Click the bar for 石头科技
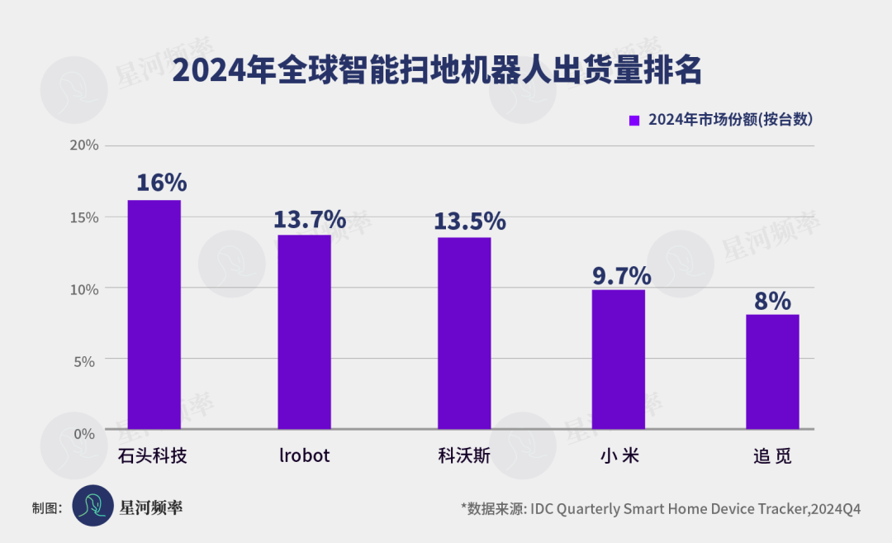click(x=154, y=315)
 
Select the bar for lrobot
click(x=304, y=332)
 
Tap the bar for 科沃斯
click(x=464, y=333)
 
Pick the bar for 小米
click(x=619, y=360)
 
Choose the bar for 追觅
click(x=772, y=372)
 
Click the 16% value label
click(x=162, y=183)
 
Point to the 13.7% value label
click(x=310, y=219)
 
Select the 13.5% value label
click(x=470, y=221)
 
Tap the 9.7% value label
click(x=621, y=275)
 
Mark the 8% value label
click(x=772, y=301)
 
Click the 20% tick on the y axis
click(x=84, y=145)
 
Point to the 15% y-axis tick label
click(x=84, y=217)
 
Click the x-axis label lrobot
click(x=304, y=455)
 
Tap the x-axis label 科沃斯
click(x=464, y=455)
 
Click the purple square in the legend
click(x=634, y=121)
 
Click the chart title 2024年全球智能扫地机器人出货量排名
click(x=438, y=72)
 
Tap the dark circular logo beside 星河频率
click(x=93, y=506)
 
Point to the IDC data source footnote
click(x=661, y=508)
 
